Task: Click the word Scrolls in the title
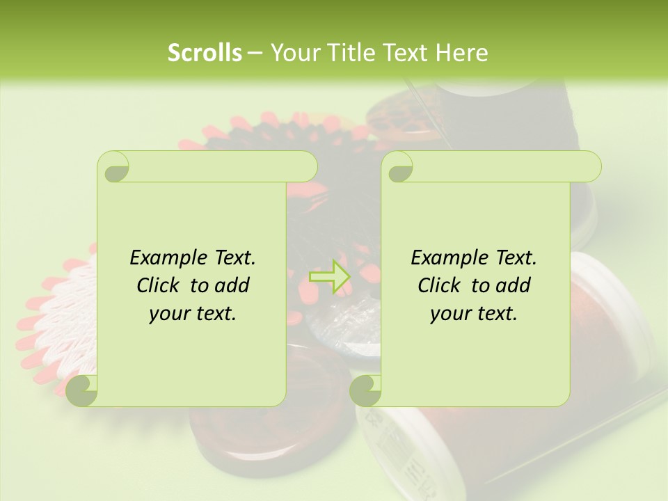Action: tap(205, 53)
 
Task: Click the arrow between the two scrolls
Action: tap(331, 276)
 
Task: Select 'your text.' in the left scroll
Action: tap(192, 314)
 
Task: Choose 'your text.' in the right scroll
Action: tap(473, 314)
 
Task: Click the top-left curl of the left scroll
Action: tap(113, 167)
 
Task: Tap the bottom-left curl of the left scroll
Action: tap(82, 390)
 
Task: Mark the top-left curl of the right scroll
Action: tap(397, 167)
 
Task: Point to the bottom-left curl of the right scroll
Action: tap(365, 390)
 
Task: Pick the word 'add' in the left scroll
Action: tap(233, 286)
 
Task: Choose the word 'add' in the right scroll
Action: tap(514, 286)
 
